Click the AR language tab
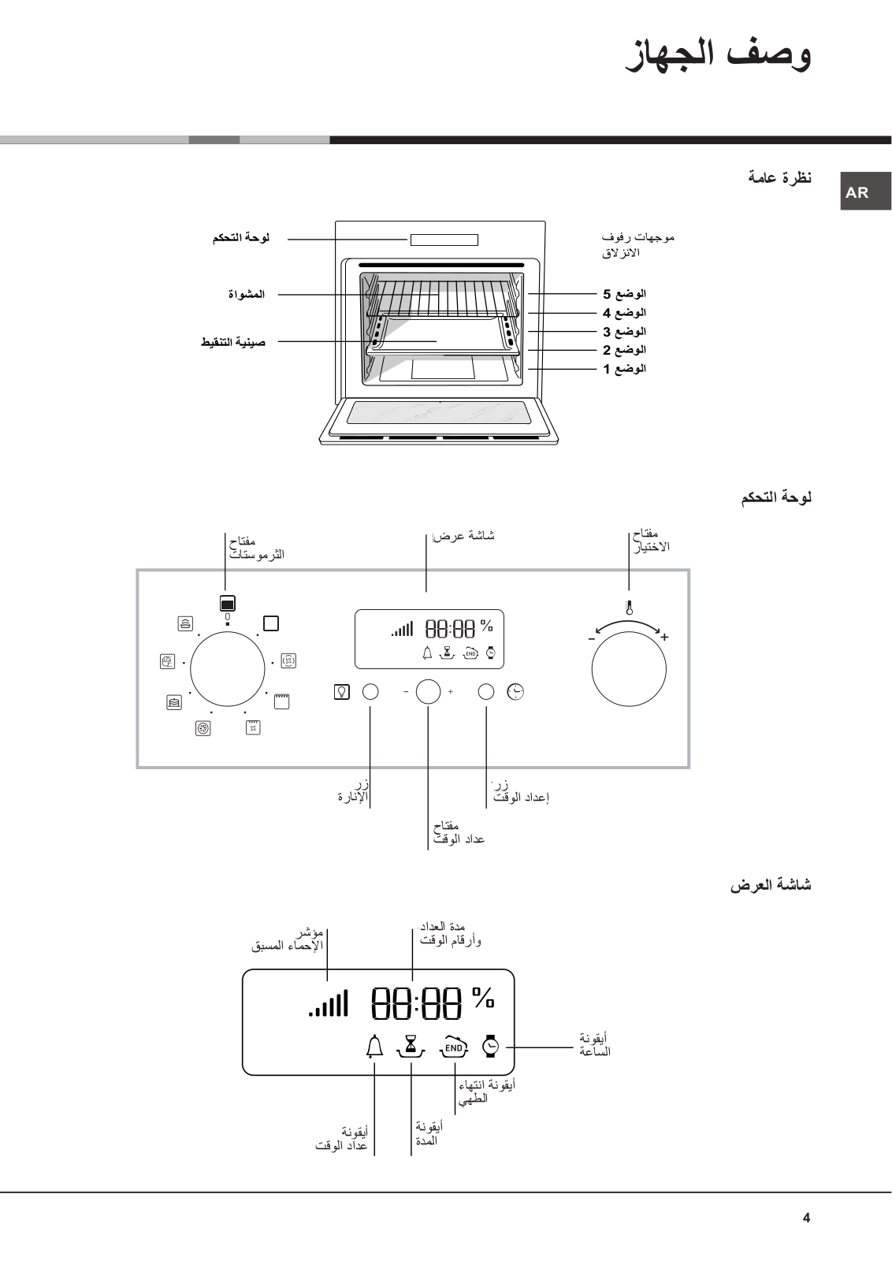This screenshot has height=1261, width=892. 865,192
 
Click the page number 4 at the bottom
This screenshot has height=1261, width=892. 806,1218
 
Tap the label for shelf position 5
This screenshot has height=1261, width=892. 625,294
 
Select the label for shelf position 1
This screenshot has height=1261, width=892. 625,369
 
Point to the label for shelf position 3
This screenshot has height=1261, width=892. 625,332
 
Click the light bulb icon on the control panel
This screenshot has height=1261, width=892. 342,691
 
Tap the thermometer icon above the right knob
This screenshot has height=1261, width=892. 629,608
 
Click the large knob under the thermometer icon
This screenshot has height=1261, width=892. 629,669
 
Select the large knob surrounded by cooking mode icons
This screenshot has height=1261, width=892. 228,669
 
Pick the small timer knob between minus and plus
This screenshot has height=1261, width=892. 429,691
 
